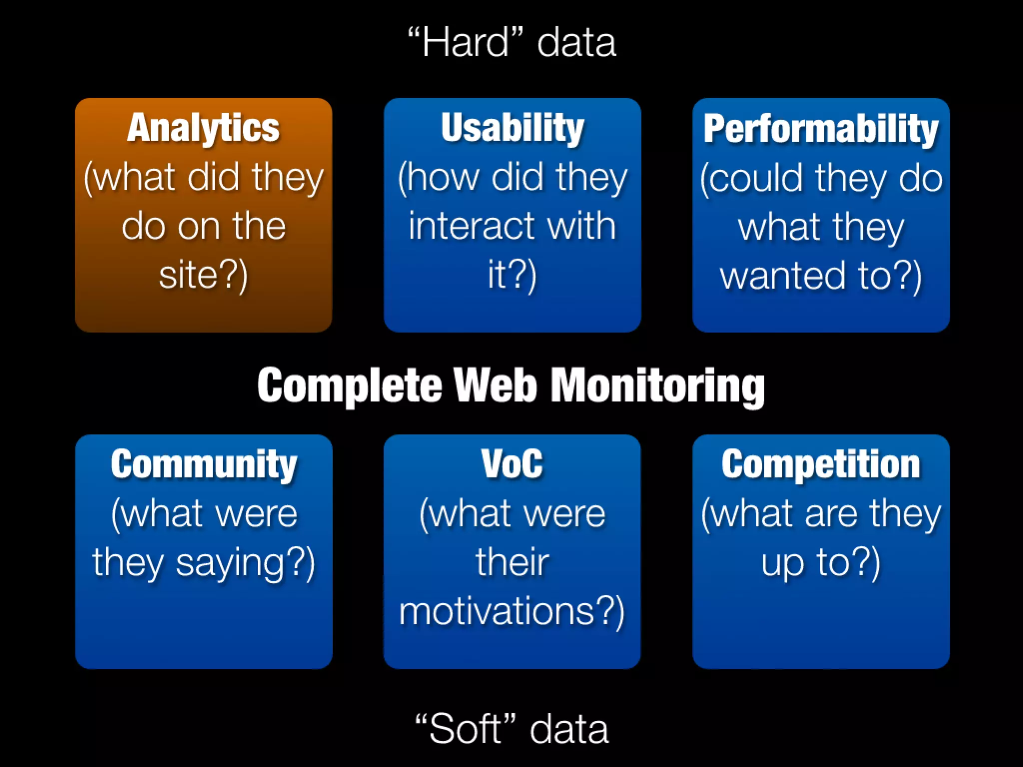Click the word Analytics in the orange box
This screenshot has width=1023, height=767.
click(x=203, y=128)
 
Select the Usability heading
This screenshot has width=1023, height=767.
click(x=512, y=128)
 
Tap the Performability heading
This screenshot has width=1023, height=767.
click(x=821, y=129)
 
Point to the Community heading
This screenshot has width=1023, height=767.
click(x=203, y=465)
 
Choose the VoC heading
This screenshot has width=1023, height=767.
click(x=512, y=464)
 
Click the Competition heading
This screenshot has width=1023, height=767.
click(x=821, y=465)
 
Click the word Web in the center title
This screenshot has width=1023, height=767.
click(x=497, y=385)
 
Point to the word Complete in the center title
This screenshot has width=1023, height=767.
click(x=350, y=385)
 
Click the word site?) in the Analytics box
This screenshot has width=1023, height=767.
click(x=203, y=275)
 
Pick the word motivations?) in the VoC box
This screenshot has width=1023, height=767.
click(x=512, y=612)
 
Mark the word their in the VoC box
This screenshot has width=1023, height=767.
click(x=512, y=563)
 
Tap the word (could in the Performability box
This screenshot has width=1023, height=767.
click(x=752, y=178)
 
